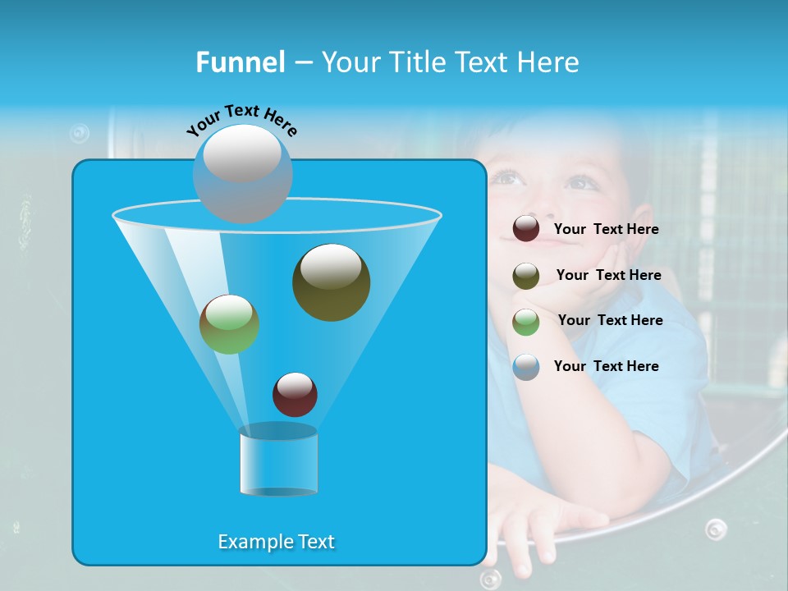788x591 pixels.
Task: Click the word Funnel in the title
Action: tap(240, 62)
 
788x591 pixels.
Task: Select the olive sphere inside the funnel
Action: tap(331, 282)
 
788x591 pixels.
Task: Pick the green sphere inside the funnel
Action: tap(229, 323)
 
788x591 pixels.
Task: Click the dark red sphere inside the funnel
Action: tap(295, 394)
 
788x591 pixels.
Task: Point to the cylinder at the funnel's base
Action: tap(278, 460)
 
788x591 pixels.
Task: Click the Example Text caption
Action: tap(277, 542)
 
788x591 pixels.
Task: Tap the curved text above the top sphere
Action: tap(242, 119)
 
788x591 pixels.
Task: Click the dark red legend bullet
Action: tap(526, 229)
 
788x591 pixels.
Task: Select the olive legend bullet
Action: tap(526, 276)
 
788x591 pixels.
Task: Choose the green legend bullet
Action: tap(526, 322)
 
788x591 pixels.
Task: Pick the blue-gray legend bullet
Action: tap(526, 367)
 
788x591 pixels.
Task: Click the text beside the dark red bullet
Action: tap(606, 230)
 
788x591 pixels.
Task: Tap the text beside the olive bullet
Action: tap(608, 276)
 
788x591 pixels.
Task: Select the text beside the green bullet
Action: tap(610, 321)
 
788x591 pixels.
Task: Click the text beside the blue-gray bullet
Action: tap(606, 367)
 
